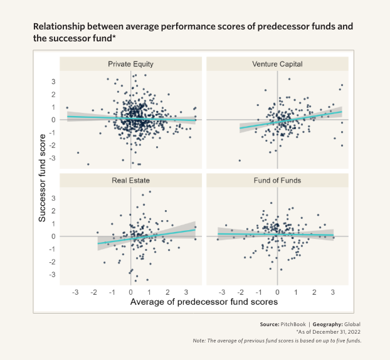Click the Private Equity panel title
tap(130, 64)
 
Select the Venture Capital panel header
tap(277, 64)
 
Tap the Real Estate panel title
tap(130, 181)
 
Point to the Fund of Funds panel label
tap(277, 181)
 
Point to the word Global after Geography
tap(352, 324)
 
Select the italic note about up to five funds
tap(277, 341)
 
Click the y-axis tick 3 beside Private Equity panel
tap(54, 82)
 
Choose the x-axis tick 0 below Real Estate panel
tap(130, 292)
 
